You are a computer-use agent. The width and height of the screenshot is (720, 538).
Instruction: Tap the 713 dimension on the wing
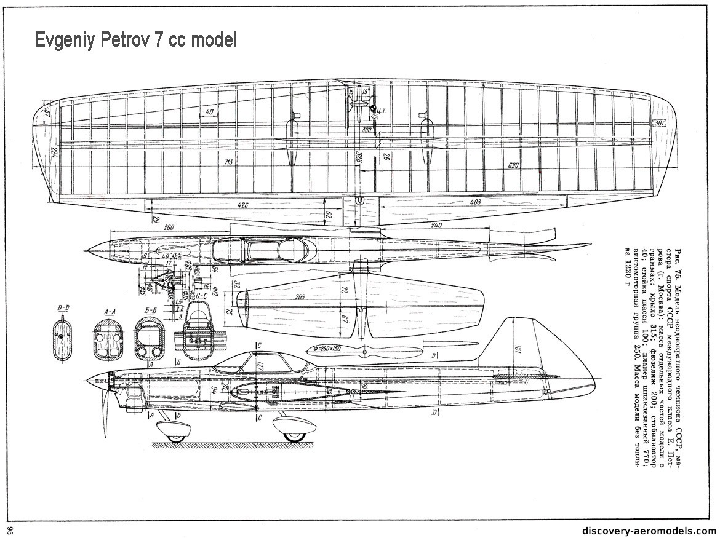click(x=228, y=162)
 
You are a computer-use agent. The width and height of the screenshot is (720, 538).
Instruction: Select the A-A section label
click(x=110, y=312)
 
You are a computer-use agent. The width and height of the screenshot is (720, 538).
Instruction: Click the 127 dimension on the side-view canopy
click(x=260, y=365)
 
